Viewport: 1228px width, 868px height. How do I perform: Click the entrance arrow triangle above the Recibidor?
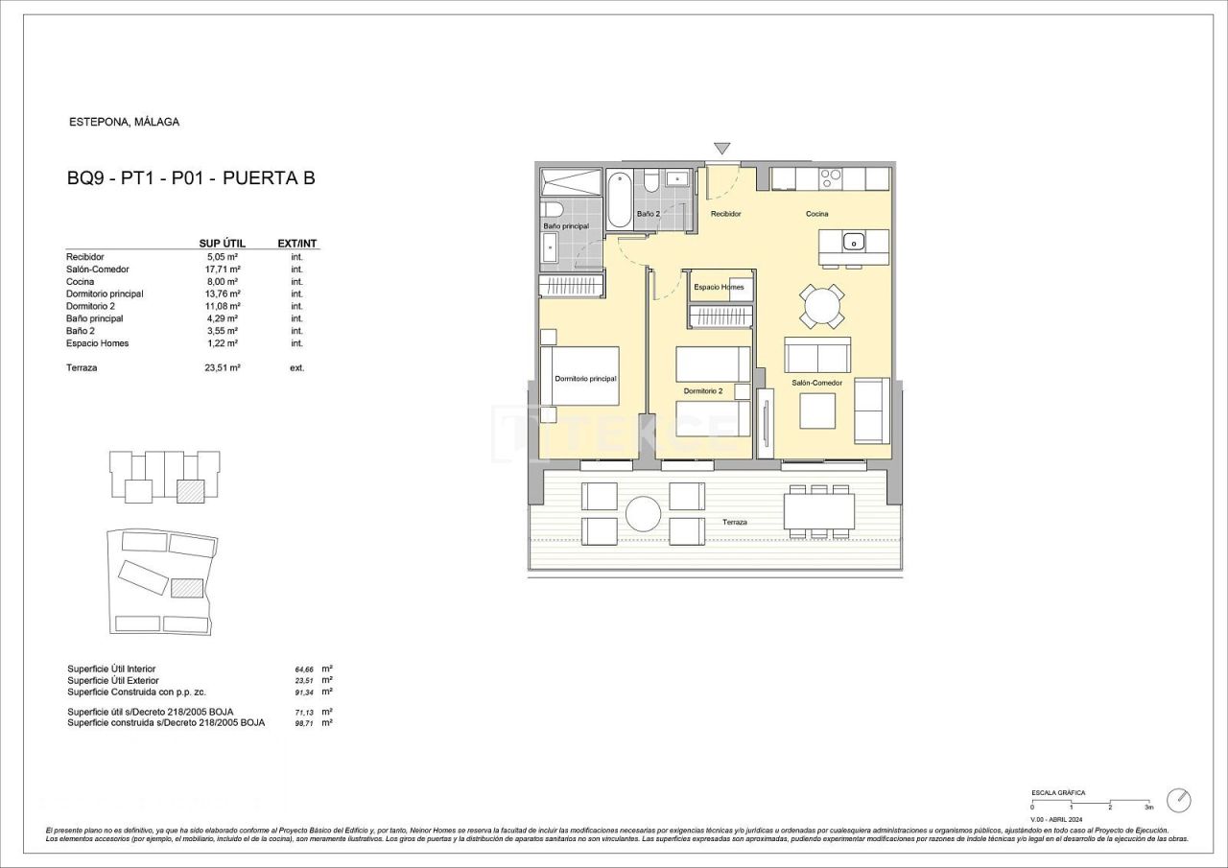(x=721, y=149)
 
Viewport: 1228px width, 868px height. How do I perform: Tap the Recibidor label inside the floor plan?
(x=725, y=214)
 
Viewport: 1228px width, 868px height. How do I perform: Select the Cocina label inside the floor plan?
(x=816, y=214)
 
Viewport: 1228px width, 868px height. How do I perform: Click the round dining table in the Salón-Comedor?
(x=824, y=307)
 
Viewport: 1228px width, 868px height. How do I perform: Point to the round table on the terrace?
(x=644, y=513)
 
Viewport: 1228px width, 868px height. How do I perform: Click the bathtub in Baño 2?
(x=621, y=198)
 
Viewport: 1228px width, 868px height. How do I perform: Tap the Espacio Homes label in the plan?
(x=719, y=287)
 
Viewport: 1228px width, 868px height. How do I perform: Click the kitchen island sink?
(x=854, y=242)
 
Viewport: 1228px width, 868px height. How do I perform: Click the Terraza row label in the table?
(x=82, y=367)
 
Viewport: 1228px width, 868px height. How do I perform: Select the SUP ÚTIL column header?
(x=222, y=244)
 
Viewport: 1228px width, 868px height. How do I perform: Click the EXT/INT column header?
(x=296, y=244)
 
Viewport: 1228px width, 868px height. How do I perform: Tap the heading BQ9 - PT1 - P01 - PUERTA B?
(x=191, y=177)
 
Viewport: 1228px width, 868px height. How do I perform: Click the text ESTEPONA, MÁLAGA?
(x=125, y=122)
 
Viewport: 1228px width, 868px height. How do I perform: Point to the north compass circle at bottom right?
(x=1178, y=800)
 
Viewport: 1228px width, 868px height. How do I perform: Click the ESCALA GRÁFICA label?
(x=1058, y=793)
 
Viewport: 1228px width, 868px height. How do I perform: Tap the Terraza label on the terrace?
(x=735, y=522)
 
